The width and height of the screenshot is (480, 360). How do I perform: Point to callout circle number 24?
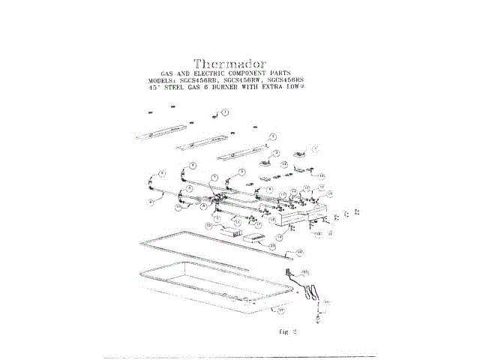(x=299, y=252)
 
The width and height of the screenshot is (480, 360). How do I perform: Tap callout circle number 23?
(x=271, y=246)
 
